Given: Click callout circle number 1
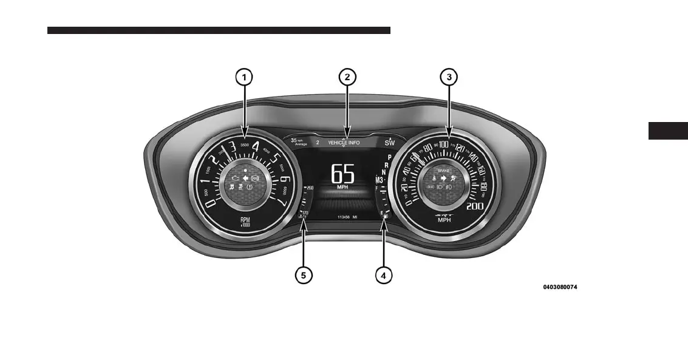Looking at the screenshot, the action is point(244,77).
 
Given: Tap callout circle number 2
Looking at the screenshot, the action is point(347,77).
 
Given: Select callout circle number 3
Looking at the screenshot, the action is point(449,77).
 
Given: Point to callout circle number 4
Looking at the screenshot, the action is point(383,275).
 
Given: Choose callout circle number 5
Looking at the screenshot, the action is point(304,275).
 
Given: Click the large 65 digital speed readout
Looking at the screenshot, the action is point(342,174).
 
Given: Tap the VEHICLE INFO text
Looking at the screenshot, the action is point(344,143).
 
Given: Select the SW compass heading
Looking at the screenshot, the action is point(389,143).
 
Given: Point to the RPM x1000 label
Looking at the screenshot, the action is point(245,222).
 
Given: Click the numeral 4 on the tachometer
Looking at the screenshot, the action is point(256,147).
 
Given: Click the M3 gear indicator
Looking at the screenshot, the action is point(380,180).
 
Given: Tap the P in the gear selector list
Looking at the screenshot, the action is point(389,157).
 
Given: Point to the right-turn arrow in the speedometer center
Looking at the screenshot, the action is point(443,178).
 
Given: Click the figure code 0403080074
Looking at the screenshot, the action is point(560,287).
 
